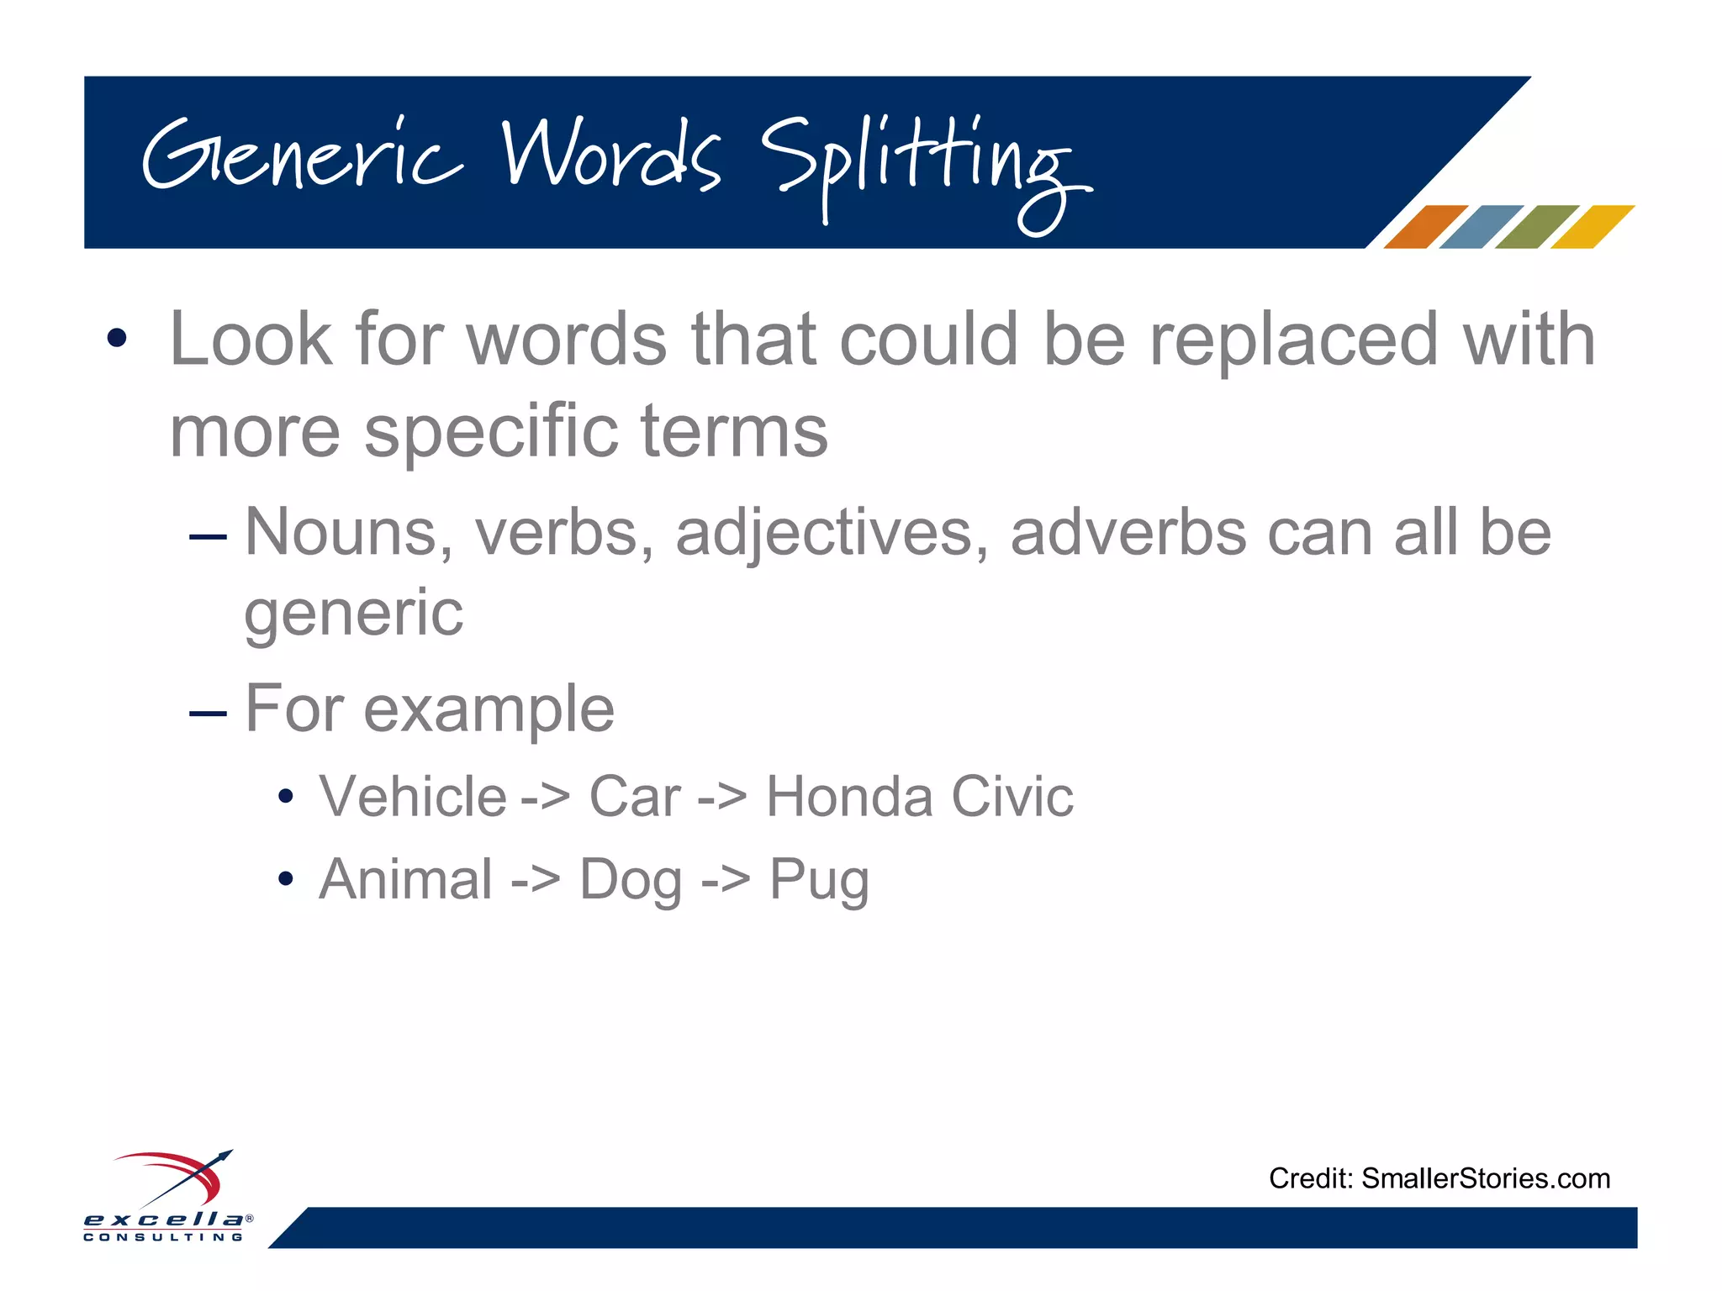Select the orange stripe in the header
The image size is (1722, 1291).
coord(1424,227)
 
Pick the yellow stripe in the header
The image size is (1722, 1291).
coord(1592,227)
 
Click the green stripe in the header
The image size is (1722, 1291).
coord(1536,227)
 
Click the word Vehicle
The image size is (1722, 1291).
coord(413,796)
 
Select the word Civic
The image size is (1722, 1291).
coord(1012,796)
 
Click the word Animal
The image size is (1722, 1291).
coord(406,879)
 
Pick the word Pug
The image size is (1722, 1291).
coord(819,881)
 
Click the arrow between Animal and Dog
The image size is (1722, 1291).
coord(536,881)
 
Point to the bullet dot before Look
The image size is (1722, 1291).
coord(117,339)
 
